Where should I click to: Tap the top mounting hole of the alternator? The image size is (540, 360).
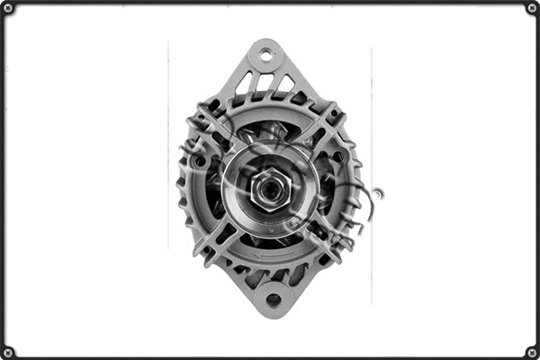click(266, 55)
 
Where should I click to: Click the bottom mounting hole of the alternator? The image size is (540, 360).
click(273, 300)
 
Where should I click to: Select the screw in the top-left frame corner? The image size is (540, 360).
click(8, 8)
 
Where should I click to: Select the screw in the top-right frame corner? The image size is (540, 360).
click(532, 8)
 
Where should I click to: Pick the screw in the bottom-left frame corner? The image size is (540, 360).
click(8, 352)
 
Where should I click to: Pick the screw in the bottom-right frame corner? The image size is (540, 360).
click(532, 352)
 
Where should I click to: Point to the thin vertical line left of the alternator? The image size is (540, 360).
click(168, 144)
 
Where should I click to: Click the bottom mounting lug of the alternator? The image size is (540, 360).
click(272, 293)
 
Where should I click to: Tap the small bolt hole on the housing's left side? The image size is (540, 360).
click(200, 162)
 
